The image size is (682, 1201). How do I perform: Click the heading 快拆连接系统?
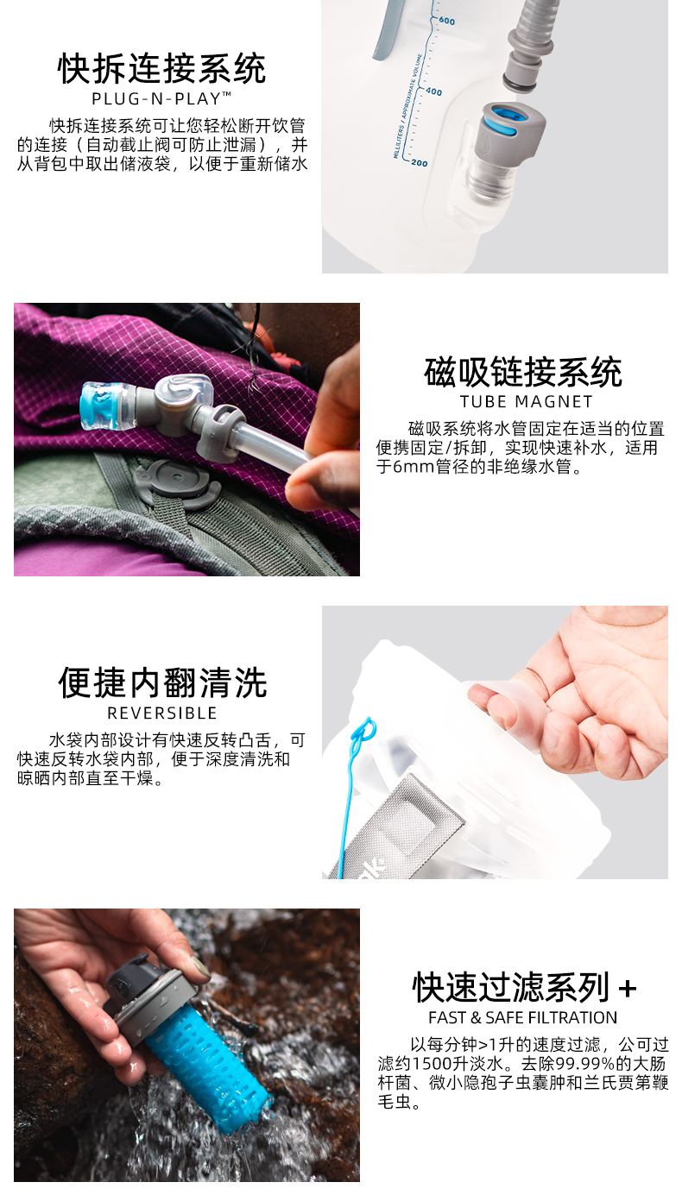[x=161, y=69]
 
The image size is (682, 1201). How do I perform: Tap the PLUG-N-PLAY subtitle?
[x=161, y=98]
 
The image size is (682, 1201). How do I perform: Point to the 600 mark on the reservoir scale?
[x=447, y=22]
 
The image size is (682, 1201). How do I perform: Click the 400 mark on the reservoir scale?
[x=434, y=92]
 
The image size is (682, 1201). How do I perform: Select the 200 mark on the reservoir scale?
[x=419, y=163]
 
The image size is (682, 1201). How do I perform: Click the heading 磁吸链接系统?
[x=523, y=372]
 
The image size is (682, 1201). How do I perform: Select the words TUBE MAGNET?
[x=526, y=401]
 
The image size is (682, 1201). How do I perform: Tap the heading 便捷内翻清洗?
[x=162, y=683]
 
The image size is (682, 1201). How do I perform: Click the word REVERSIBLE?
[x=162, y=713]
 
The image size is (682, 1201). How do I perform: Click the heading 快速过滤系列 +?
[x=524, y=988]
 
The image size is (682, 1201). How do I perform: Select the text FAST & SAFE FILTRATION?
[x=523, y=1017]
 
